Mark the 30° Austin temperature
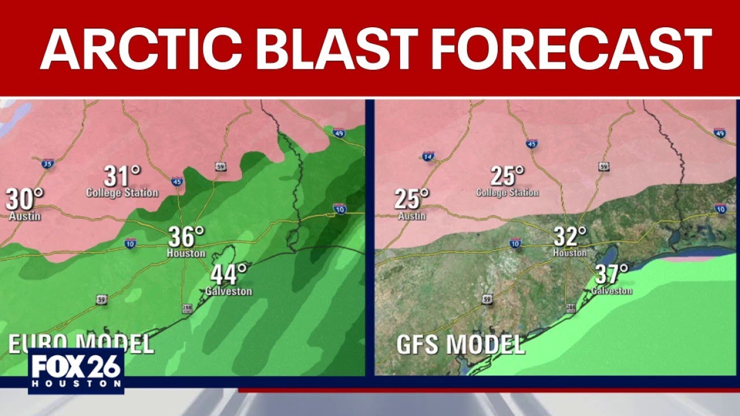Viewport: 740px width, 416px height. [25, 199]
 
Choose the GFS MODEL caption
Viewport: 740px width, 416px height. [460, 344]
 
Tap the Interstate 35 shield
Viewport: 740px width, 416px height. [47, 163]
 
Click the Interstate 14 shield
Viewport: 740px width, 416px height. [428, 156]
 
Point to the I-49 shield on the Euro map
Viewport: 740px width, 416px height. [339, 133]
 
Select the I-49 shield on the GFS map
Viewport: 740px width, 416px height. [720, 133]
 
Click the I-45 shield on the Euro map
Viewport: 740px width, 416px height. [177, 181]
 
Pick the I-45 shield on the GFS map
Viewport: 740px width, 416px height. [532, 143]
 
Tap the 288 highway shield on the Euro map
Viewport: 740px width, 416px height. [187, 309]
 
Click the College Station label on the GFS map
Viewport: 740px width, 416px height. [507, 192]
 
